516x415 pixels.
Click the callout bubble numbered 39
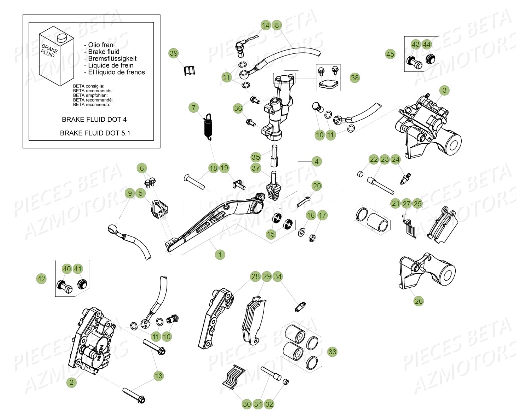click(174, 53)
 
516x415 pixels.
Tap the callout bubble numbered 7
click(194, 107)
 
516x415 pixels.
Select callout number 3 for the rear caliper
click(444, 90)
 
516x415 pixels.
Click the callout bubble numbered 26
click(418, 301)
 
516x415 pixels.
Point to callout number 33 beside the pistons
click(332, 352)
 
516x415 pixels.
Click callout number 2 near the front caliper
click(72, 382)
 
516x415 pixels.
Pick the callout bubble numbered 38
click(355, 78)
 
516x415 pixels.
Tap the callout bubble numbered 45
click(391, 54)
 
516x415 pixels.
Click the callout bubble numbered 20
click(316, 186)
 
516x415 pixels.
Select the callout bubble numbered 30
click(246, 404)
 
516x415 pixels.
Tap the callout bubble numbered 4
click(316, 161)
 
